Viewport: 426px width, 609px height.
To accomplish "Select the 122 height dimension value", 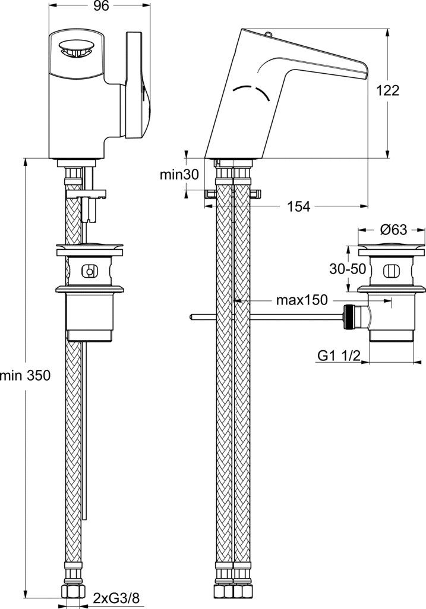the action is coord(387,90).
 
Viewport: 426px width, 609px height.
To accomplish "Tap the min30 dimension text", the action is coord(179,175).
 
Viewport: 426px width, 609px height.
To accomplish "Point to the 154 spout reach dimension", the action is coord(298,206).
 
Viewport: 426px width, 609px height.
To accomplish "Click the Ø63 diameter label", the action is coord(393,230).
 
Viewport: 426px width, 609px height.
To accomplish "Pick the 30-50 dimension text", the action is coord(348,269).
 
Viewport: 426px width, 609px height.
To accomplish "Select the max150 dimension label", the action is coord(302,300).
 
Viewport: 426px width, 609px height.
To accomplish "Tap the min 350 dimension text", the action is coord(25,376).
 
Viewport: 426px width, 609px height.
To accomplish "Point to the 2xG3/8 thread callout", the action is coord(116,598).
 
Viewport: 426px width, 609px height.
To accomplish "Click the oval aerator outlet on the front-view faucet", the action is coord(76,49).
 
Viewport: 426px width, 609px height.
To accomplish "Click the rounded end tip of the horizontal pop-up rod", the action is coord(191,317).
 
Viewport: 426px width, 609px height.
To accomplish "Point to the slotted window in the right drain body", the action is coord(390,271).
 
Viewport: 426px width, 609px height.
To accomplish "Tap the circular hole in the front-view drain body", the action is coord(89,271).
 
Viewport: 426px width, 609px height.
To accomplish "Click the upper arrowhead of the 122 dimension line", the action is coord(387,33).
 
